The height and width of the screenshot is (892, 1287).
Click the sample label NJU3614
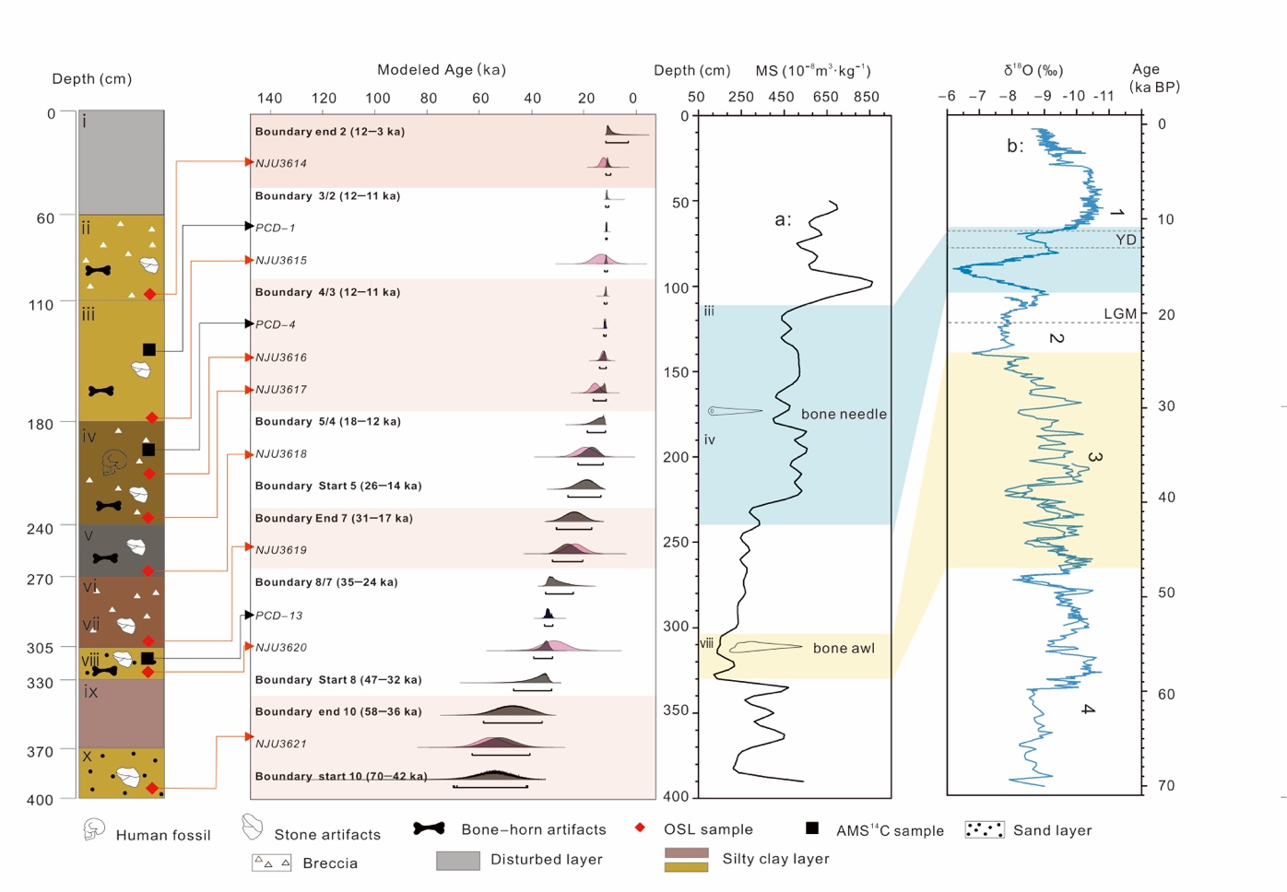click(281, 163)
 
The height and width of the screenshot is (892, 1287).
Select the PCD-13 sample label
click(278, 616)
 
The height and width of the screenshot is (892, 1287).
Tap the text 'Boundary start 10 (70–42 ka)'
click(340, 776)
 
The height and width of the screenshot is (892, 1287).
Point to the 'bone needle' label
click(844, 415)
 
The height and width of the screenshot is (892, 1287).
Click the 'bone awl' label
click(844, 649)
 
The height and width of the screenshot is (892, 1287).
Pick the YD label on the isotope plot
click(1126, 240)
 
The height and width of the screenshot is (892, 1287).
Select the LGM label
click(1120, 314)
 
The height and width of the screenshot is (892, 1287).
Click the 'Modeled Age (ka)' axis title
click(441, 70)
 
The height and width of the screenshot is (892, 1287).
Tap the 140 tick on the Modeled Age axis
click(269, 99)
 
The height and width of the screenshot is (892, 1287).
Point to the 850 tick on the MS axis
click(866, 97)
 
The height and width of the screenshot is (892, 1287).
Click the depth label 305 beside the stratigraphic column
click(41, 648)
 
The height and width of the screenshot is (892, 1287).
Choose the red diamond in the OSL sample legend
click(640, 827)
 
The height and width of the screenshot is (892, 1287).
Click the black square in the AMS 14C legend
click(812, 827)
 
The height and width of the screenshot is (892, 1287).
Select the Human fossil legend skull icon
click(94, 829)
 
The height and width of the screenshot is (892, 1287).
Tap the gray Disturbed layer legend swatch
click(458, 860)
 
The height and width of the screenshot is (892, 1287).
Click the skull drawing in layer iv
click(114, 462)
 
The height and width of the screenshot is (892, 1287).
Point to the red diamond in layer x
click(152, 788)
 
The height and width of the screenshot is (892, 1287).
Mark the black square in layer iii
click(149, 349)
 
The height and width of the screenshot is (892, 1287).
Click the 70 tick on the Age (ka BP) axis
click(1166, 786)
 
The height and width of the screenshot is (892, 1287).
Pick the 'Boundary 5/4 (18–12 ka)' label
click(327, 421)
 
